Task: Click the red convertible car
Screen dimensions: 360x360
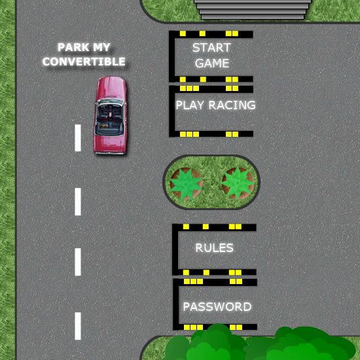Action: [x=110, y=115]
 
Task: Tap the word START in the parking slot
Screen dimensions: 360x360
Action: [x=211, y=48]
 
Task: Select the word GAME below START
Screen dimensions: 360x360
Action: [x=212, y=63]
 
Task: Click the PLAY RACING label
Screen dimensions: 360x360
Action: [x=215, y=105]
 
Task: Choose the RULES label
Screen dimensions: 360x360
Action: [x=215, y=248]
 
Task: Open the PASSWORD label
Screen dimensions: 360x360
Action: [x=217, y=307]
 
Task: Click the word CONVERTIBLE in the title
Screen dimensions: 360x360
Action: [x=84, y=62]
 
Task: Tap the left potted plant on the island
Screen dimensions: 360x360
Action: [x=186, y=184]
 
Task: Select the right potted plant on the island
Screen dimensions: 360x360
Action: [x=238, y=183]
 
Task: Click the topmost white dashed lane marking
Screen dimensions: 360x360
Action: [x=78, y=137]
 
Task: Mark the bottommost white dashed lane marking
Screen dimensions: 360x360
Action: [x=78, y=326]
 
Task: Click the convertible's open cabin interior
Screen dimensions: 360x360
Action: [x=110, y=120]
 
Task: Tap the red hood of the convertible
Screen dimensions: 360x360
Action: [x=111, y=88]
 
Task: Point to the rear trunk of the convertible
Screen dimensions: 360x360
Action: [x=110, y=143]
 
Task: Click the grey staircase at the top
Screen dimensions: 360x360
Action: [x=253, y=9]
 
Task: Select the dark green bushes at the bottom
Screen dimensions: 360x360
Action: [x=259, y=343]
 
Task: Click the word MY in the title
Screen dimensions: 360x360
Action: [x=101, y=47]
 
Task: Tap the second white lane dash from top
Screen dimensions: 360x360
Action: [x=78, y=202]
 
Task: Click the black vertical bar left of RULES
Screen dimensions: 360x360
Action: [x=175, y=249]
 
